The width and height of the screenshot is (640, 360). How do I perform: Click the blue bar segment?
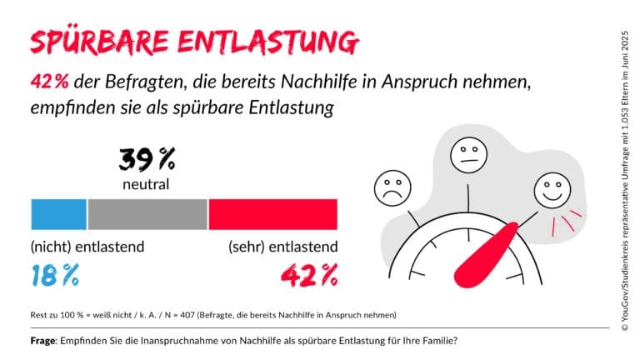coord(58,213)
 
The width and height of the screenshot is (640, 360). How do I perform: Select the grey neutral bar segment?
coord(147,213)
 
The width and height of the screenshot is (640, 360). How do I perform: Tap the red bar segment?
coord(272,213)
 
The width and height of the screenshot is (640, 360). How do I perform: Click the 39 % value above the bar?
coord(147,158)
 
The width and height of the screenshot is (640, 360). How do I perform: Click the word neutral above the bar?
coord(146,182)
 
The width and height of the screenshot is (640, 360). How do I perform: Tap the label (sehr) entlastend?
coord(282,247)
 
